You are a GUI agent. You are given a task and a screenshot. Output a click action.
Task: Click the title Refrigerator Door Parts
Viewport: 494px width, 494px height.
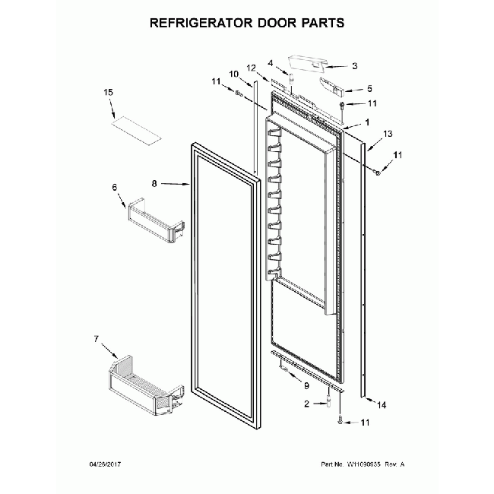click(x=247, y=23)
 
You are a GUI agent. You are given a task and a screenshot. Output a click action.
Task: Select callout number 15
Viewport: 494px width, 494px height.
click(x=109, y=93)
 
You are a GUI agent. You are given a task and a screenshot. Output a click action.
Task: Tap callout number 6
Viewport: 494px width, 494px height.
click(x=116, y=187)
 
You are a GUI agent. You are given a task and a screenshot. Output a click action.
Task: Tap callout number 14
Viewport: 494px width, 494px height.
click(x=382, y=406)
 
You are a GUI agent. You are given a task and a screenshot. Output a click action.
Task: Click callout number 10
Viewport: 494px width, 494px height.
click(x=234, y=74)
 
